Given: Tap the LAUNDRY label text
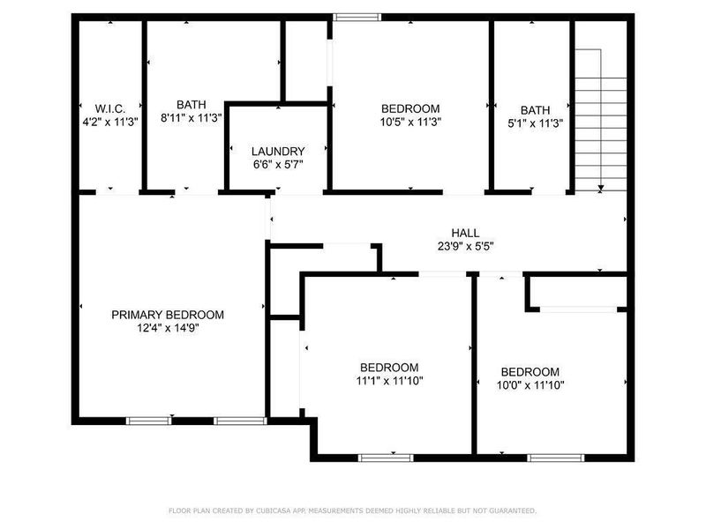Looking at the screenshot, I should click(x=278, y=151).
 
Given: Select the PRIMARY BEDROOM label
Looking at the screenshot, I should click(x=168, y=315).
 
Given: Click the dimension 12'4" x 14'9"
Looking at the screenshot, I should click(x=168, y=329).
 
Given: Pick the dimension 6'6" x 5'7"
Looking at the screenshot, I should click(x=278, y=164).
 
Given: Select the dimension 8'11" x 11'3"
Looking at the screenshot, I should click(x=191, y=118).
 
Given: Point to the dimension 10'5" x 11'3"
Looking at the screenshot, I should click(x=411, y=123).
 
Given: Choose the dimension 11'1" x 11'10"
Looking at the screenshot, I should click(x=389, y=382).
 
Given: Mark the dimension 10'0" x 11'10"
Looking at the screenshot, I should click(x=530, y=385).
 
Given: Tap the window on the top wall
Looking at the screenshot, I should click(x=357, y=16).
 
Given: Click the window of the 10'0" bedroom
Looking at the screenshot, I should click(x=556, y=457).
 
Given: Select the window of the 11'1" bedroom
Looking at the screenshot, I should click(x=386, y=457).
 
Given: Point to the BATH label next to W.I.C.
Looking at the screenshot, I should click(x=191, y=104).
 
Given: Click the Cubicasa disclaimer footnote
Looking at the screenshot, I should click(x=352, y=510).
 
